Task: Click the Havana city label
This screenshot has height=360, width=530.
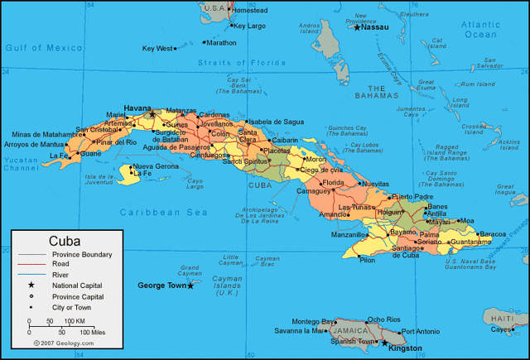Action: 137,108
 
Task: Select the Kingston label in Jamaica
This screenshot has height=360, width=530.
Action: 404,348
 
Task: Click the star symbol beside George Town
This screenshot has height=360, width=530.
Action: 190,286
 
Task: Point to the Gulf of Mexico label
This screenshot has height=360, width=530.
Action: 38,49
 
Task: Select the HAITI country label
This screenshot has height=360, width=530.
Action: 501,318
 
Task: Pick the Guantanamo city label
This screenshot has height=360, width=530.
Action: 476,242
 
